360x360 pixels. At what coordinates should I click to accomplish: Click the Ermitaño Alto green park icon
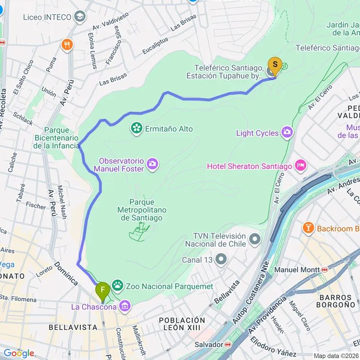coord(137,128)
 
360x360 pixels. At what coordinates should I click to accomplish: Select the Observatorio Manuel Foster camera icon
coord(153,164)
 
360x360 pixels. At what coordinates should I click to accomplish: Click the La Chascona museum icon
coord(125,306)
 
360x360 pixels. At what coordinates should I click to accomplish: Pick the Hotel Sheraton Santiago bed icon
coord(301,166)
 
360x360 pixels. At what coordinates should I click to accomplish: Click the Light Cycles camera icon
coord(287,132)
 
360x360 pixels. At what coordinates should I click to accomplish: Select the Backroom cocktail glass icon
coord(309,228)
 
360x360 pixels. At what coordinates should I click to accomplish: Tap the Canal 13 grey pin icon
coord(221,260)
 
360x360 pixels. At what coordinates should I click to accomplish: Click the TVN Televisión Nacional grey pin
coord(254,239)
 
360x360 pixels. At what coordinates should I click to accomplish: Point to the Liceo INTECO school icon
coord(80,17)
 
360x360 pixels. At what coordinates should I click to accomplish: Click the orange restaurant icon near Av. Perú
coord(67,45)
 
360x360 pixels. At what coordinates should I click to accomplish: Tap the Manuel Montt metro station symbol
coord(324,270)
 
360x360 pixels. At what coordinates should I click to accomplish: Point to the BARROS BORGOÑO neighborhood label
coord(335,301)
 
